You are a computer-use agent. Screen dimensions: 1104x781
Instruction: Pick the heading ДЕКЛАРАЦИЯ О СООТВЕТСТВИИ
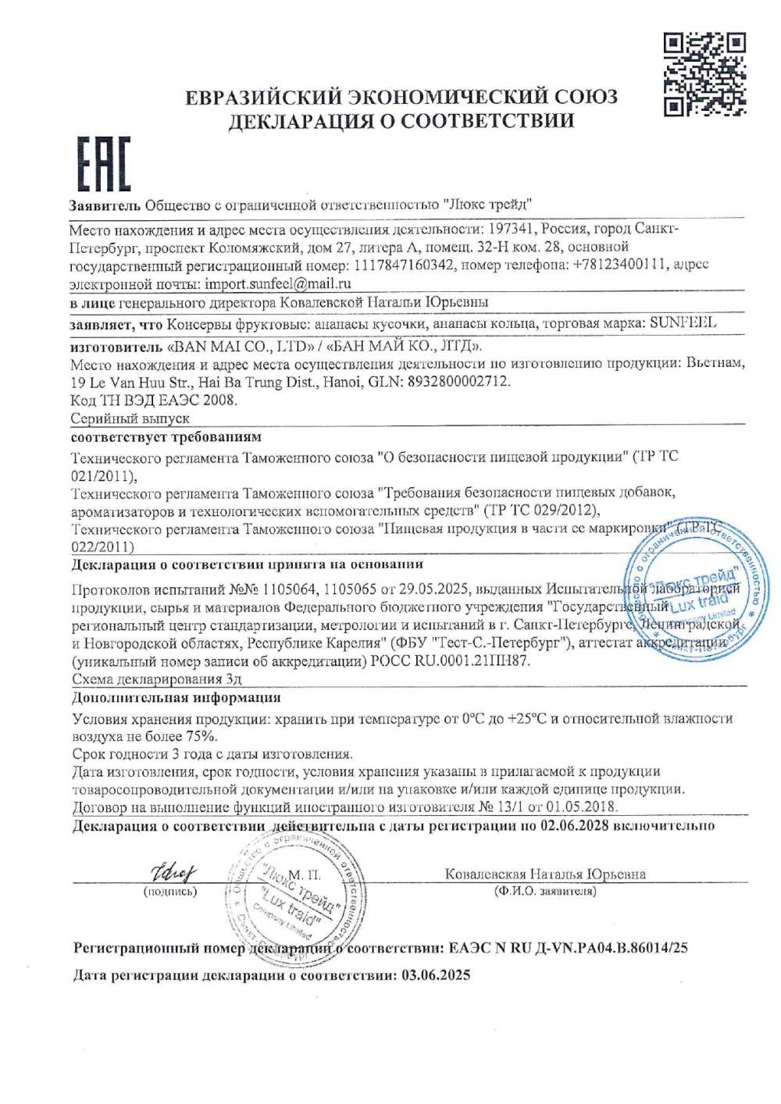pyautogui.click(x=401, y=121)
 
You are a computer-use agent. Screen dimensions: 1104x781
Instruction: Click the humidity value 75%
pyautogui.click(x=202, y=735)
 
